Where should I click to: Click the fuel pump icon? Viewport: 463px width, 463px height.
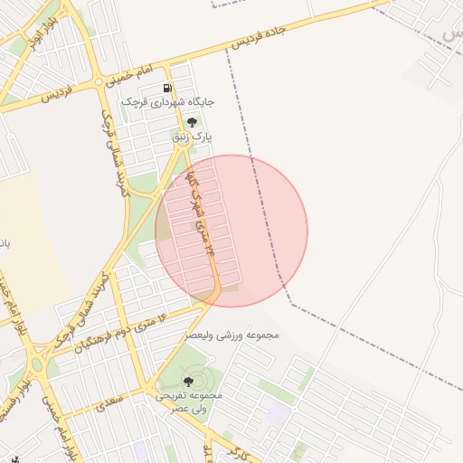[167, 88]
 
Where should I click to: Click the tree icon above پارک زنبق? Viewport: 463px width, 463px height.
[191, 122]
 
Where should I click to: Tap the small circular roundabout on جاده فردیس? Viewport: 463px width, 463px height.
[99, 83]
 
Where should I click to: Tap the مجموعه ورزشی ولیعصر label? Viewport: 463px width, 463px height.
[232, 335]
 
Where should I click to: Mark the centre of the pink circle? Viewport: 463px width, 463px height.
[231, 231]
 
